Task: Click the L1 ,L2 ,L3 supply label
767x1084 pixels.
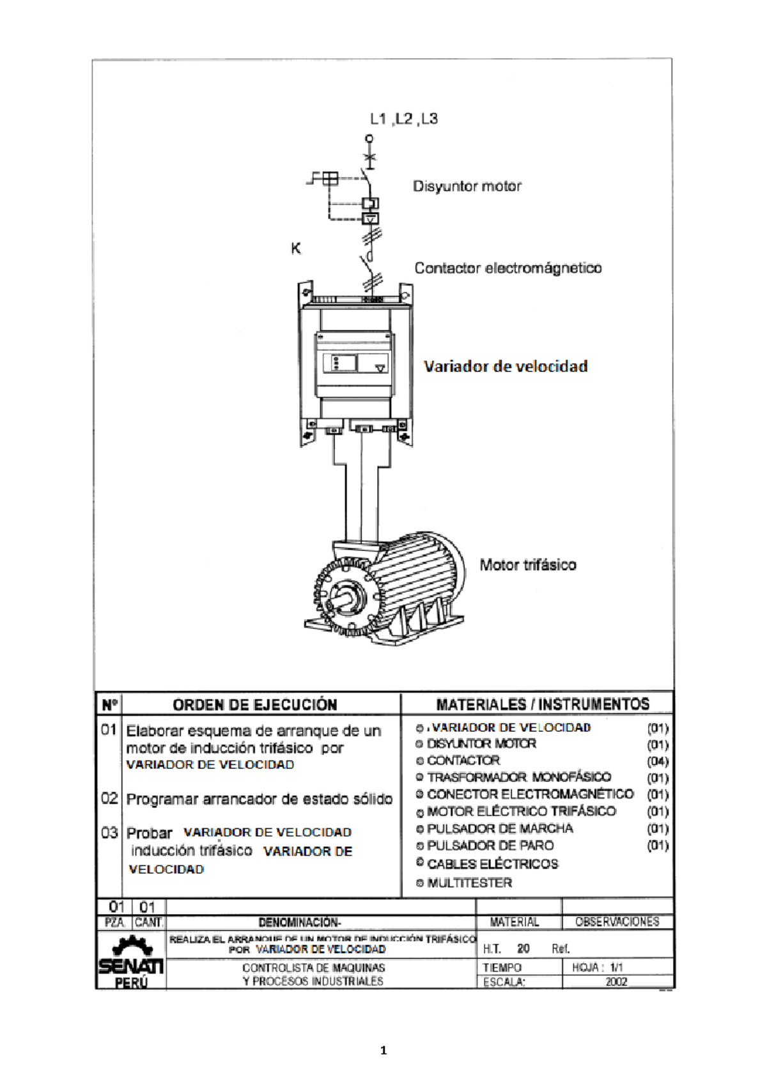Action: tap(404, 119)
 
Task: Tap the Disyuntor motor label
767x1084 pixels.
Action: tap(467, 187)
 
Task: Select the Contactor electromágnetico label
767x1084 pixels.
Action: tap(507, 268)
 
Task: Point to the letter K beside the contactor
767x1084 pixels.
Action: tap(296, 249)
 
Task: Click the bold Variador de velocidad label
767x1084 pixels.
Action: tap(505, 367)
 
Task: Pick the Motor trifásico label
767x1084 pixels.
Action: tap(527, 565)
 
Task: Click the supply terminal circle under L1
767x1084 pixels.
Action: tap(369, 138)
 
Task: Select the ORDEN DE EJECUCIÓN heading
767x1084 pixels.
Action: tap(254, 705)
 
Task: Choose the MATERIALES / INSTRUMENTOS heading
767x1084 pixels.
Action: tap(543, 704)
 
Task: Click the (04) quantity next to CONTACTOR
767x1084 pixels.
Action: tap(658, 762)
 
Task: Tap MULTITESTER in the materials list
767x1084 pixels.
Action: tap(469, 883)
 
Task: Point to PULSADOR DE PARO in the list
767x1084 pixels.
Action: tap(490, 846)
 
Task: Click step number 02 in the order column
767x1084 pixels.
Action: tap(109, 799)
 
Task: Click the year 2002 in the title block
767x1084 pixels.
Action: tap(616, 982)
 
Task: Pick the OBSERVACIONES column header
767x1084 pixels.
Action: tap(617, 922)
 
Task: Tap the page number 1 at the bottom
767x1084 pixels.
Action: tap(383, 1050)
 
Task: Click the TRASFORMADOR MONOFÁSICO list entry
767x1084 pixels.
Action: tap(518, 778)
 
